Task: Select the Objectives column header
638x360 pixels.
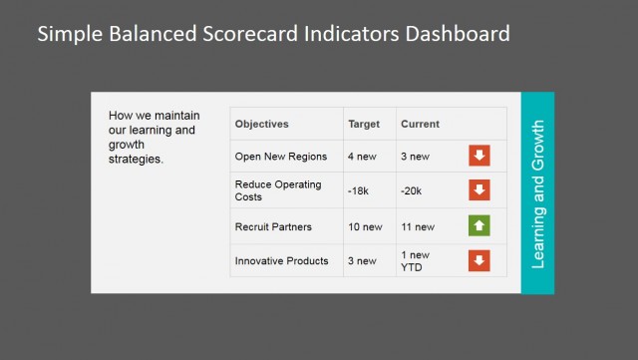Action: [x=261, y=125]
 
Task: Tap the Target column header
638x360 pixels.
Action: [x=364, y=125]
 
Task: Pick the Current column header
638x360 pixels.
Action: [x=420, y=125]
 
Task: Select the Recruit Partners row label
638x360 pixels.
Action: [x=273, y=226]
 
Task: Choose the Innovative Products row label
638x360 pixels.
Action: [x=281, y=261]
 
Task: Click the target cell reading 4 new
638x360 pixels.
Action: [x=363, y=157]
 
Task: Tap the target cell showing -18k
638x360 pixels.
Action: [x=359, y=190]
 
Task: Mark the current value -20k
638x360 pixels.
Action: [x=412, y=190]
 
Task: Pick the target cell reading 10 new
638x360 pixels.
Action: [x=365, y=226]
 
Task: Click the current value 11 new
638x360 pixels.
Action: [x=418, y=226]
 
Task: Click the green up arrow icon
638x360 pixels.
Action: [x=479, y=226]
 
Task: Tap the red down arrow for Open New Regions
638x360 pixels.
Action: [x=479, y=156]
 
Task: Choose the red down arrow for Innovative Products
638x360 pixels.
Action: [x=479, y=261]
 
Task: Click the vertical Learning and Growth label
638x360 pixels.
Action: [x=537, y=193]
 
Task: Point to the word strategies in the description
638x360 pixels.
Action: [x=136, y=159]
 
